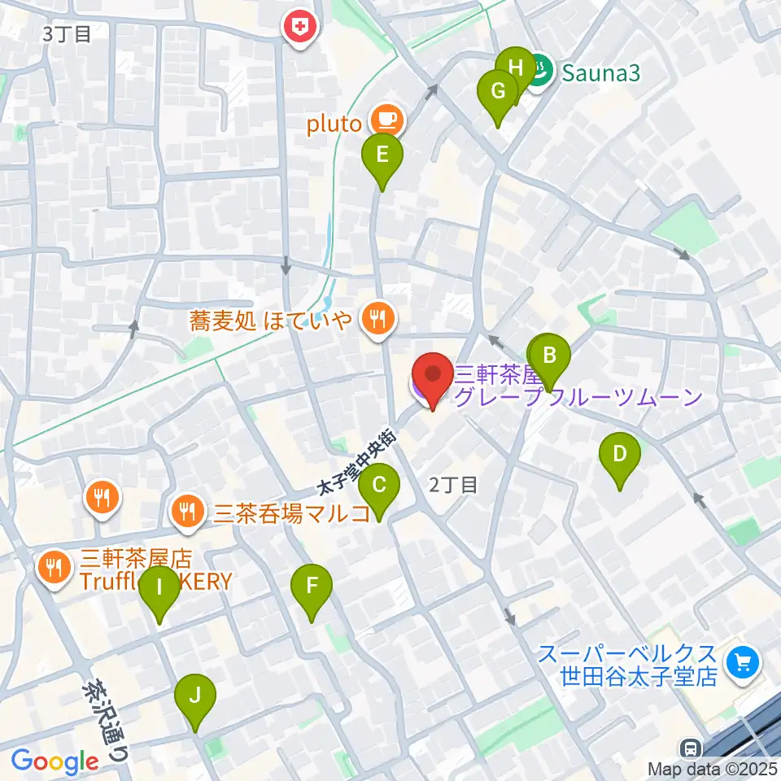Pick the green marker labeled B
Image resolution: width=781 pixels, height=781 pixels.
click(549, 357)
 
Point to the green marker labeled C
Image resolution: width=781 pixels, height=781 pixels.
click(379, 486)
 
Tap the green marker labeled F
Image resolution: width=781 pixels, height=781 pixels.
click(312, 587)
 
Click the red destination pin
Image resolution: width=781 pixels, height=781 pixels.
click(432, 377)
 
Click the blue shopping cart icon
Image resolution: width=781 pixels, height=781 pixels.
click(743, 664)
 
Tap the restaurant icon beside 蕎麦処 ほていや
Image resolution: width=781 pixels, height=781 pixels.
click(376, 318)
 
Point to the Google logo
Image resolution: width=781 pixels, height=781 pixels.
click(55, 761)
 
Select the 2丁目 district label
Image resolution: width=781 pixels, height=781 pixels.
click(452, 485)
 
